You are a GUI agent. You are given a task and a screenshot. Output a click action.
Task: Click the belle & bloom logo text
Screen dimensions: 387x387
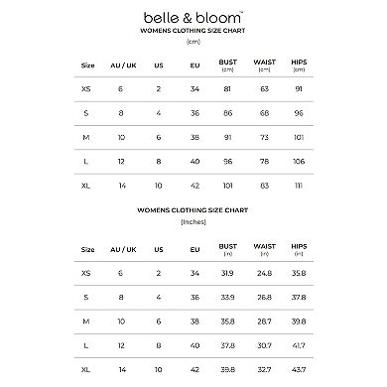coord(193,17)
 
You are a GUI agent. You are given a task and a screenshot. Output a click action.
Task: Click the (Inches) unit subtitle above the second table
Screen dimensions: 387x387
coord(193,223)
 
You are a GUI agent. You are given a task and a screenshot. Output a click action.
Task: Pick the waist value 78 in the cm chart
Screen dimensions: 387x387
coord(264,160)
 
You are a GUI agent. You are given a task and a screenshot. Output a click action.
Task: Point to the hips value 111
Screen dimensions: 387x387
coord(299,185)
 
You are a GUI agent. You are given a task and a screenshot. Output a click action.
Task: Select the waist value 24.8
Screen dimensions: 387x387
coord(264,272)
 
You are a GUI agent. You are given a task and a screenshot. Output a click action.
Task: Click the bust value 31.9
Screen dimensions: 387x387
coord(228,272)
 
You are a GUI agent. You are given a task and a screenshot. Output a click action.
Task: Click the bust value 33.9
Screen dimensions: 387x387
coord(228,296)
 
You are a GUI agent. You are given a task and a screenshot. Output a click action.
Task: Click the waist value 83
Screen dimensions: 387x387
coord(264,185)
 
